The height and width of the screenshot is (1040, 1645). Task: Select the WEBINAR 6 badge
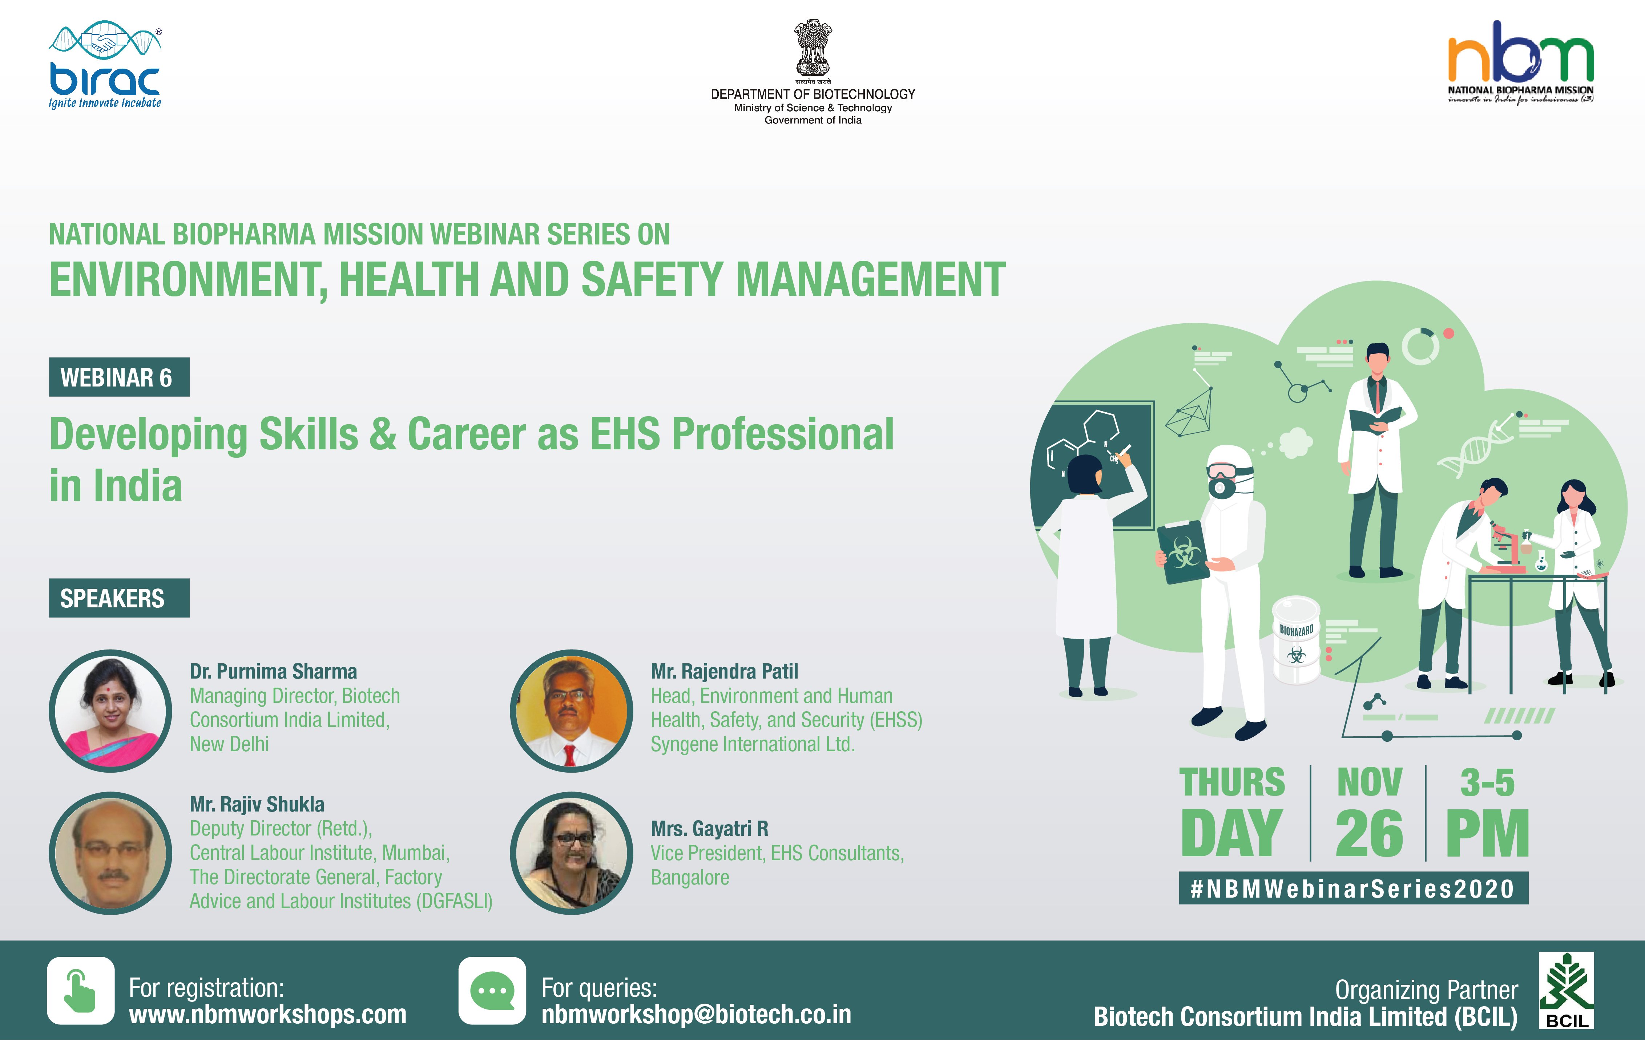119,377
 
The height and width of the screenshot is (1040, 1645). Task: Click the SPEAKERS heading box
119,598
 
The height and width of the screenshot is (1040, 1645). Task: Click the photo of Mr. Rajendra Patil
572,711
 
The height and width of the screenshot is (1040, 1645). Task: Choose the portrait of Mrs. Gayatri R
572,853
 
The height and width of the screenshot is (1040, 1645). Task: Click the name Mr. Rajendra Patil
724,671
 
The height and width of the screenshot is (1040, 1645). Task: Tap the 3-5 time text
1487,782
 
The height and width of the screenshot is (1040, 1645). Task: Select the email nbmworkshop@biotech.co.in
696,1015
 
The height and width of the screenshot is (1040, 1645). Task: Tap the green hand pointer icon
81,991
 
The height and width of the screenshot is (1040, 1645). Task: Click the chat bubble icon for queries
492,991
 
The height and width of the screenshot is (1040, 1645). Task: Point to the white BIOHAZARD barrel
1296,640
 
